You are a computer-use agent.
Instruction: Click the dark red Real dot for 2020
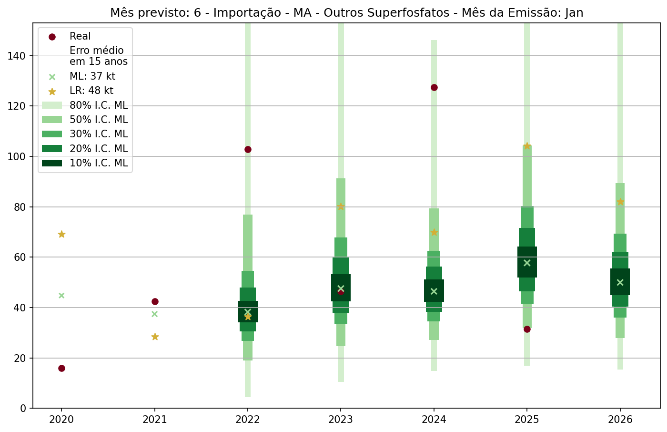(61, 368)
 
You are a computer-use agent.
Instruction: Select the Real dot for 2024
(434, 87)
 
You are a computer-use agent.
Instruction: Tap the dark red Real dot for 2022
(248, 149)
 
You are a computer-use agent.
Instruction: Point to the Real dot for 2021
(155, 301)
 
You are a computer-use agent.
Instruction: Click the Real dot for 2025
(527, 329)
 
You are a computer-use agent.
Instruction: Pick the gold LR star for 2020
(61, 234)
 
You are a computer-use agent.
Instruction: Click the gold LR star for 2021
(155, 337)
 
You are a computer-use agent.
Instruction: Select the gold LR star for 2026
(620, 202)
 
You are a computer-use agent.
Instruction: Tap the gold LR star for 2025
(527, 146)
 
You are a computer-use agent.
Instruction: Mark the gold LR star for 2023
(341, 206)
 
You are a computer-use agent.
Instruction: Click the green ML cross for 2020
(61, 295)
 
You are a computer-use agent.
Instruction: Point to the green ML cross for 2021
(155, 314)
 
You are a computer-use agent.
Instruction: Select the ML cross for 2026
(620, 282)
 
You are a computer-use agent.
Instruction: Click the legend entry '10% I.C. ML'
(99, 163)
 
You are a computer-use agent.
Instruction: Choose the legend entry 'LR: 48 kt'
(91, 91)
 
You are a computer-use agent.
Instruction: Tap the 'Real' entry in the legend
(80, 36)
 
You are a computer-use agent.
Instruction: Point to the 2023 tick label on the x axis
(341, 420)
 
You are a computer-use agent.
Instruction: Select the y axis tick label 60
(20, 257)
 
